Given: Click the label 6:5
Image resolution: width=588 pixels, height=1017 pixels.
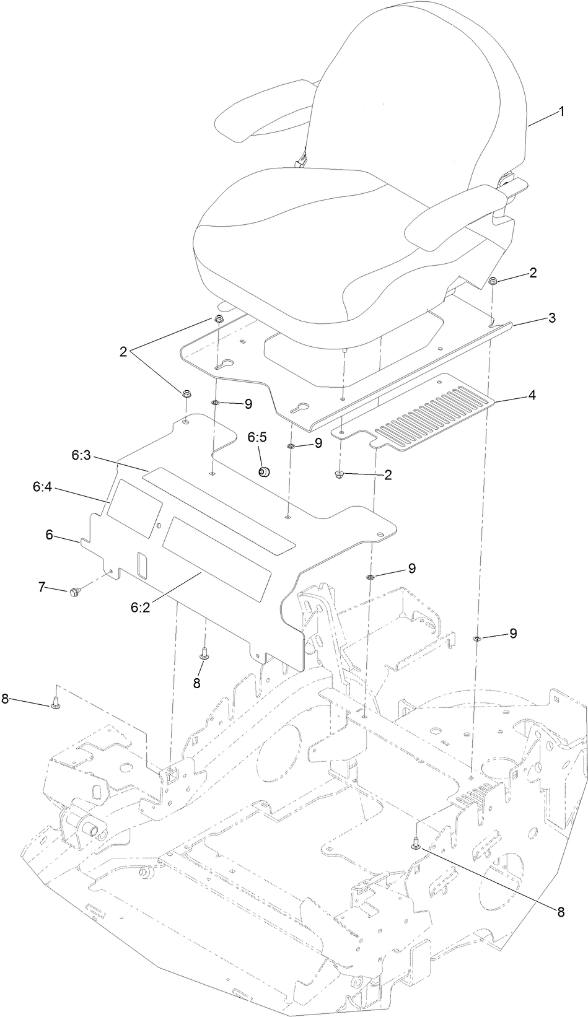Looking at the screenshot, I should (258, 437).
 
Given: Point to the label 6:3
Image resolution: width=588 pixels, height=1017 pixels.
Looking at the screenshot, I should (81, 456).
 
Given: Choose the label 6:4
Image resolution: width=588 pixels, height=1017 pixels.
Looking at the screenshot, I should (43, 488).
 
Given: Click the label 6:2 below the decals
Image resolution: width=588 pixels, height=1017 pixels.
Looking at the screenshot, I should (140, 608).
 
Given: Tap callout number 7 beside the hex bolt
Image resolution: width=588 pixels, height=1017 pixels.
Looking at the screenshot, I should (42, 586).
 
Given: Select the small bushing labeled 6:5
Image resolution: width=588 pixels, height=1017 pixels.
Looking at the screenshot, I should (263, 473).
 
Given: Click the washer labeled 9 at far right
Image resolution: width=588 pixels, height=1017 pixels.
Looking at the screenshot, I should (477, 639).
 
